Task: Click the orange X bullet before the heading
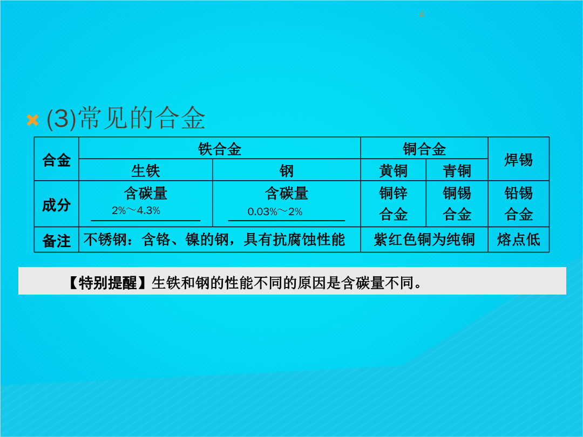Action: point(33,120)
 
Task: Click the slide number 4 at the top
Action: point(421,15)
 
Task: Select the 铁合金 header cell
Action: point(219,148)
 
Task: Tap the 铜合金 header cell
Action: point(424,148)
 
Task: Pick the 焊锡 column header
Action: point(518,159)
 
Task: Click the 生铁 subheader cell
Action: point(145,170)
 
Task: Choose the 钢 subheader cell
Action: point(286,170)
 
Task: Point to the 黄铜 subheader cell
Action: point(394,170)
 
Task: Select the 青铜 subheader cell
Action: point(457,170)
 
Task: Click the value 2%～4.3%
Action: point(136,211)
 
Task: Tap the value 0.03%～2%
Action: point(275,212)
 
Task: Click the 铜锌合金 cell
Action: point(394,203)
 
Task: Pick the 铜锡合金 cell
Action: point(457,203)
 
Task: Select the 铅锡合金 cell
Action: point(518,203)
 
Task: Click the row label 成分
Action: point(56,204)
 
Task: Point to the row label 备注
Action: point(56,241)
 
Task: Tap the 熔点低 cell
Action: point(518,240)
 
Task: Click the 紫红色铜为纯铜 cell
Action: point(424,240)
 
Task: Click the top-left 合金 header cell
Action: point(56,159)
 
